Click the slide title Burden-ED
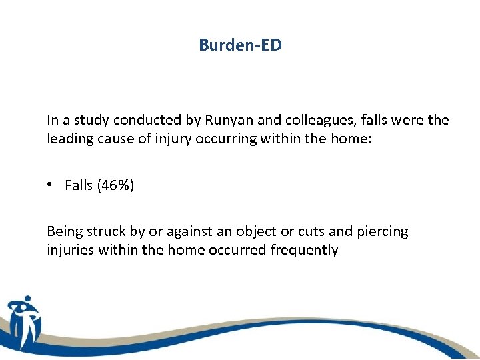(x=240, y=45)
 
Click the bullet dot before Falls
(x=53, y=186)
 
